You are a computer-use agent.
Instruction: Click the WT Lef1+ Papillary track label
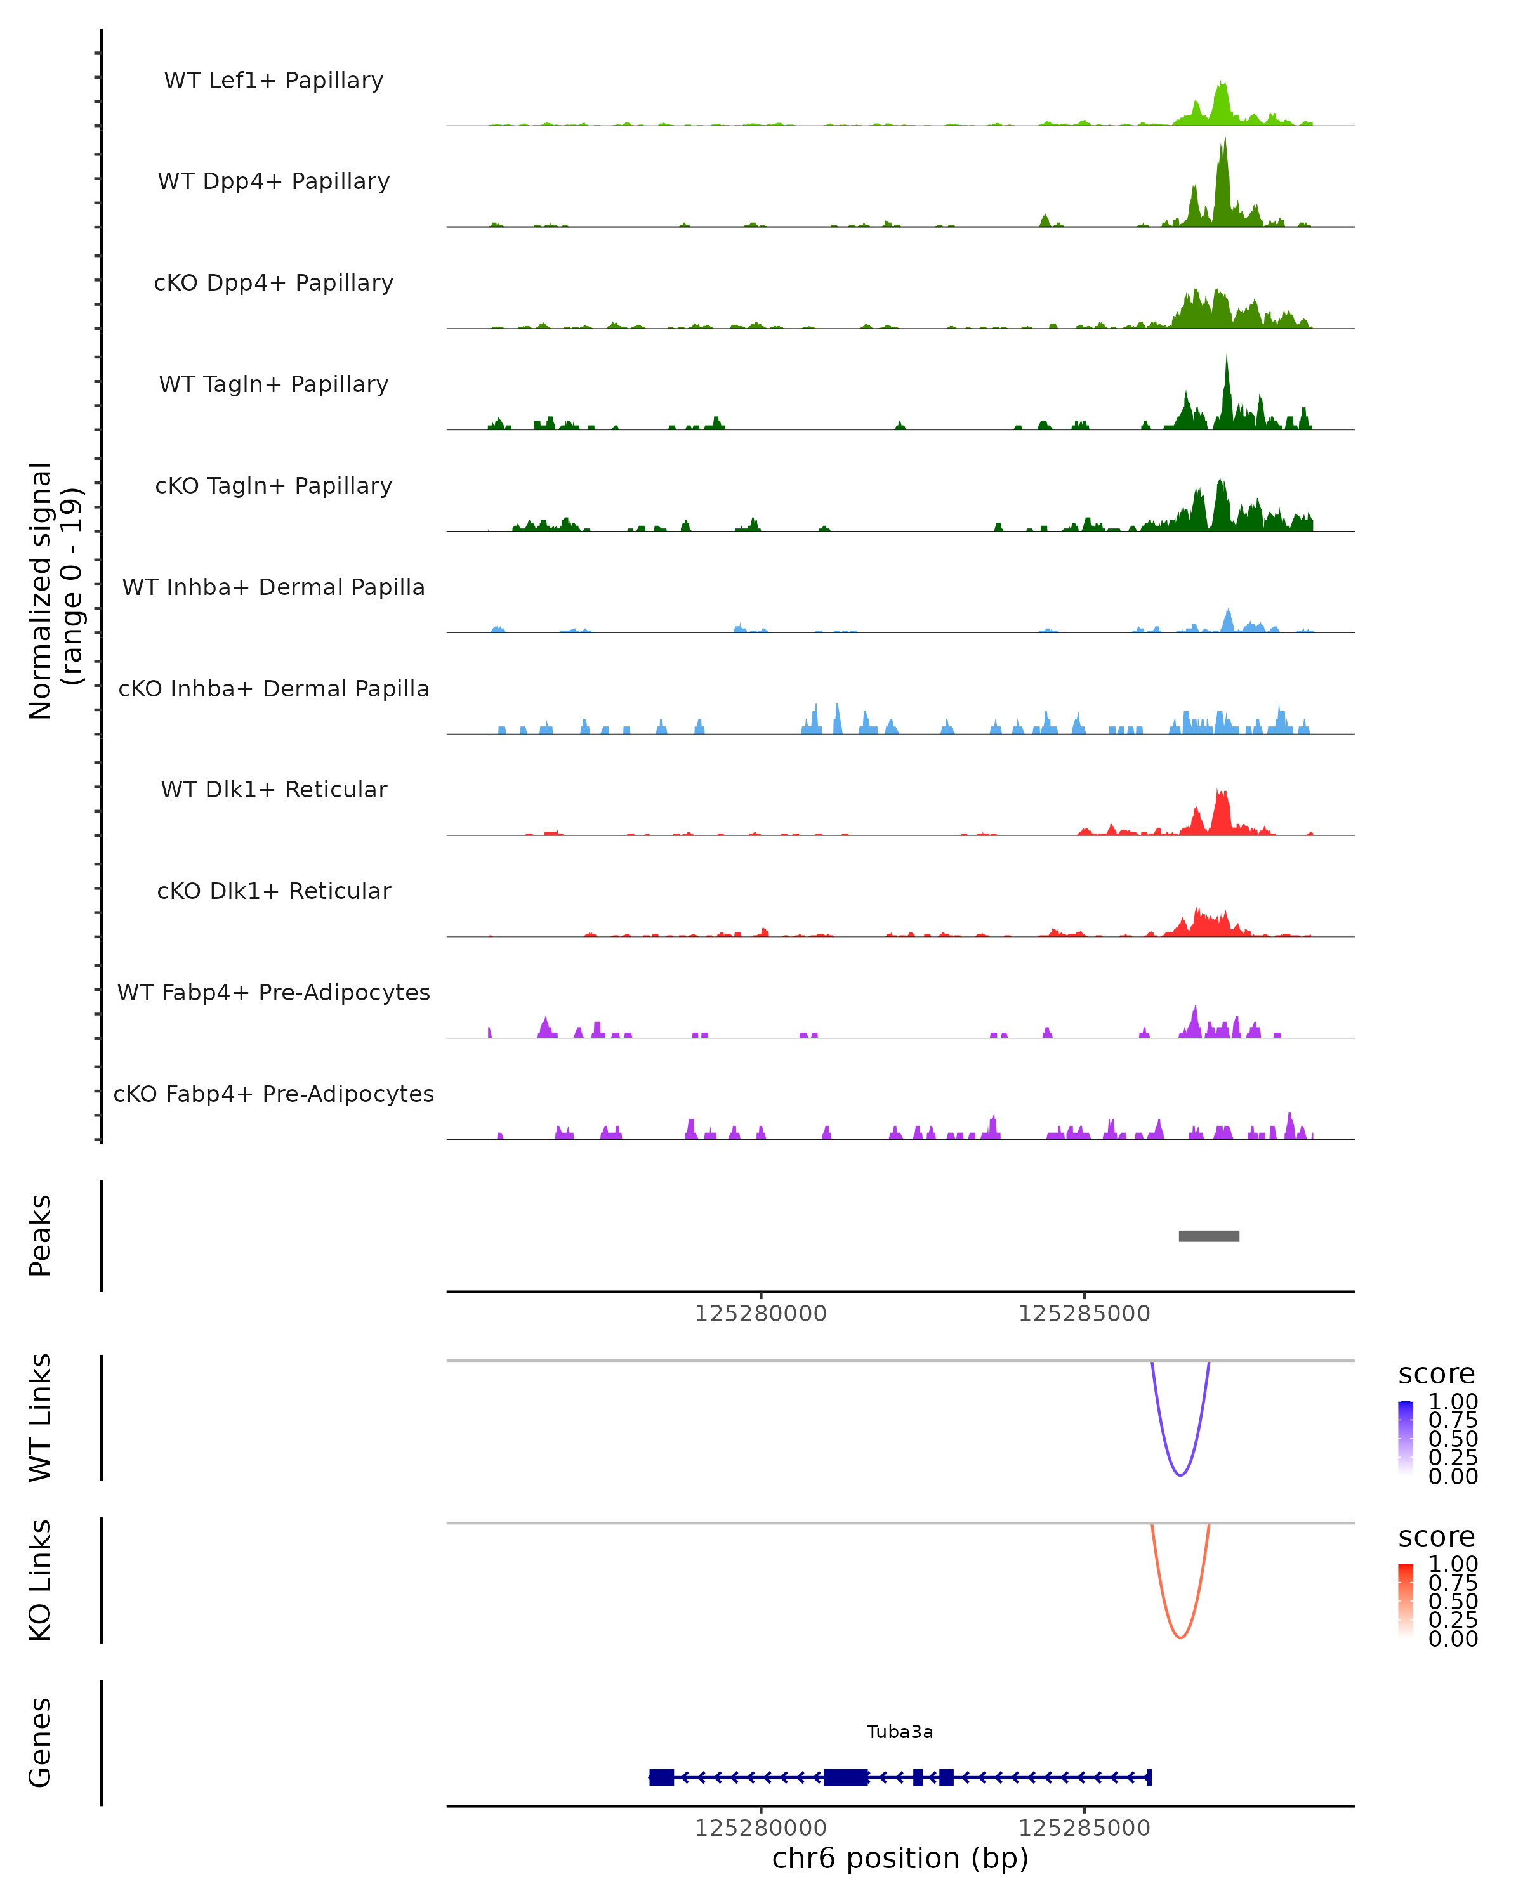pos(274,81)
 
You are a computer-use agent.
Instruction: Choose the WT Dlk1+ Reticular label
pos(274,789)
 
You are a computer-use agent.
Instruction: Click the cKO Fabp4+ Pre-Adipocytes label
pos(274,1094)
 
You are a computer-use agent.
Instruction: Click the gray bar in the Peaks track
pos(1209,1236)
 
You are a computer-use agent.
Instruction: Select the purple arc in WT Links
pos(1180,1474)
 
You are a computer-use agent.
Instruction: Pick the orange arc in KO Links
pos(1180,1637)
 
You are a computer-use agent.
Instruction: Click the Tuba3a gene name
pos(900,1732)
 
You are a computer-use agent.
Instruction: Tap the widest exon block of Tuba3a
pos(846,1777)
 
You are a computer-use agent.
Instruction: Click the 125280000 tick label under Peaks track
pos(760,1314)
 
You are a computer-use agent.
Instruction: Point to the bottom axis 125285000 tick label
pos(1085,1828)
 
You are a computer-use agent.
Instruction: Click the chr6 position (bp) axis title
pos(900,1858)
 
